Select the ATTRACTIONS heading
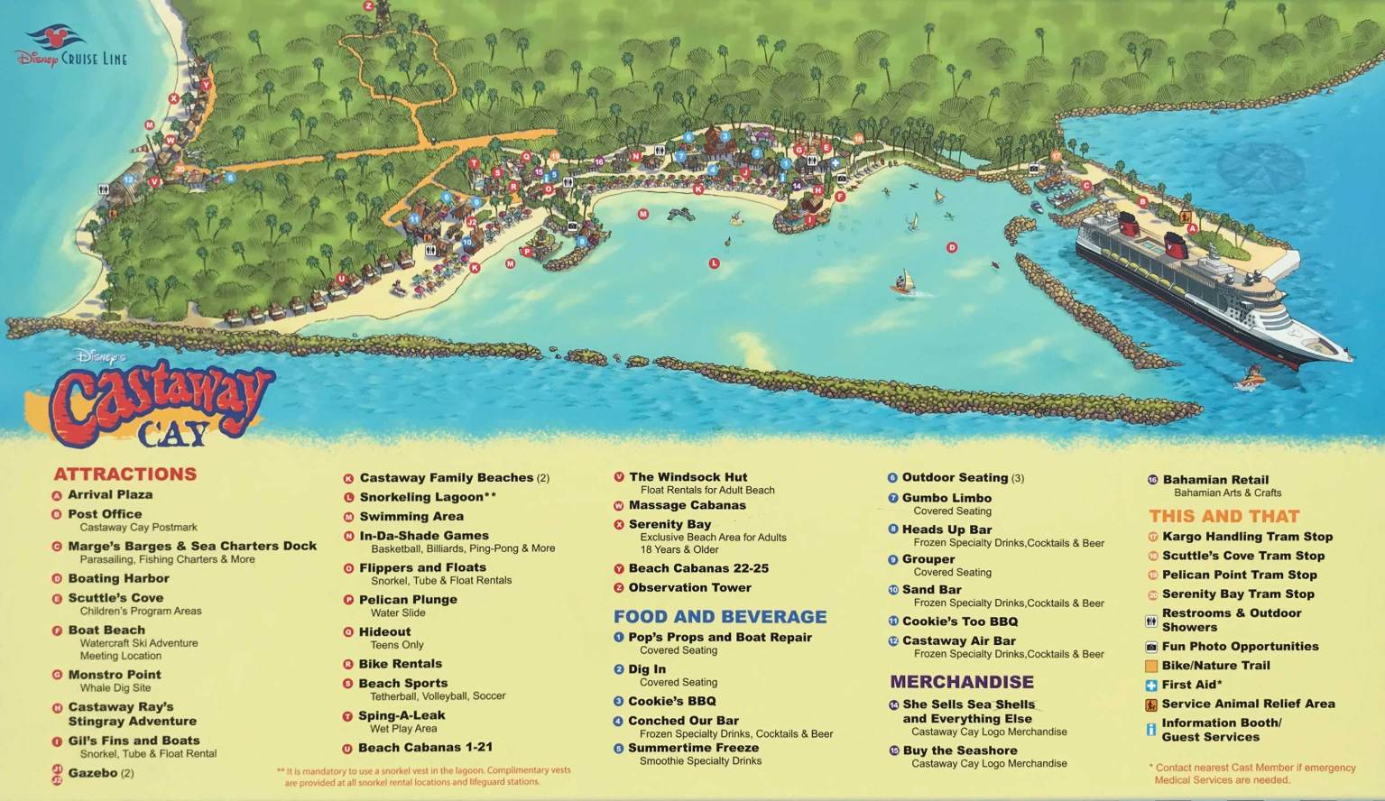pyautogui.click(x=125, y=474)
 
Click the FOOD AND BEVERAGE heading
pyautogui.click(x=720, y=617)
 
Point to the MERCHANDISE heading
pyautogui.click(x=962, y=682)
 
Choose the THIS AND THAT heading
pyautogui.click(x=1223, y=517)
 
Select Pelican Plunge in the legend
pyautogui.click(x=408, y=600)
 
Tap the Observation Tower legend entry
pyautogui.click(x=689, y=588)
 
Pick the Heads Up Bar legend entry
pyautogui.click(x=946, y=529)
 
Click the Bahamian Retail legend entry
pyautogui.click(x=1214, y=480)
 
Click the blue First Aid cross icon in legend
pyautogui.click(x=1151, y=686)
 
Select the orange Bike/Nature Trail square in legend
pyautogui.click(x=1151, y=666)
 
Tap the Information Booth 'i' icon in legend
pyautogui.click(x=1151, y=730)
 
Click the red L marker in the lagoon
pyautogui.click(x=714, y=263)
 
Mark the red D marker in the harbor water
pyautogui.click(x=951, y=247)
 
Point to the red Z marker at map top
pyautogui.click(x=368, y=5)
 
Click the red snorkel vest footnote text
pyautogui.click(x=424, y=778)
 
